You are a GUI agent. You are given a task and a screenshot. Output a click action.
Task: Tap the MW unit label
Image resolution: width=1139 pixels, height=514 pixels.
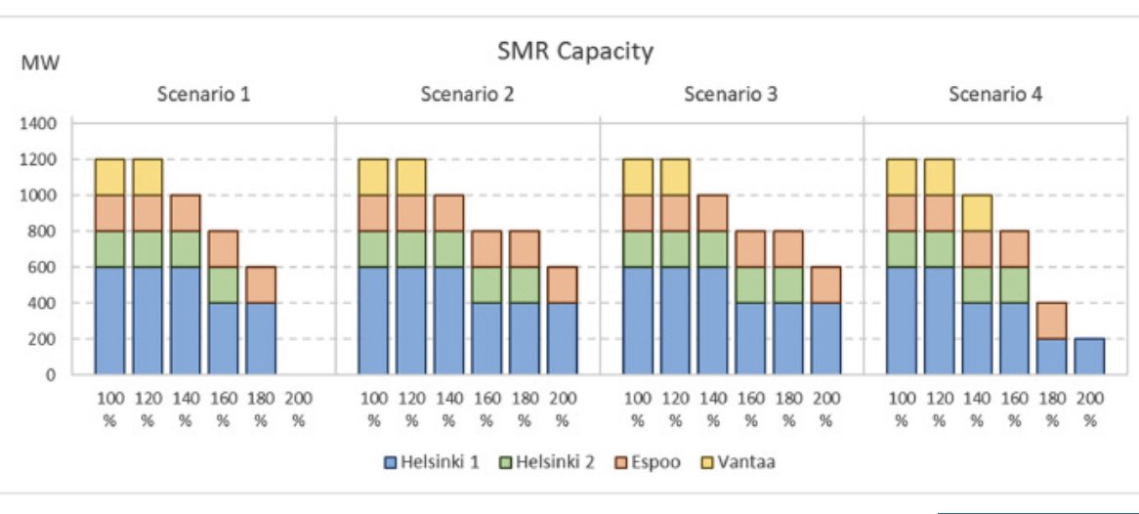point(39,64)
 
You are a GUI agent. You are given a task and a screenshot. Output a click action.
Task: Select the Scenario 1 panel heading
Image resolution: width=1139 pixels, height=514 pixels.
point(203,95)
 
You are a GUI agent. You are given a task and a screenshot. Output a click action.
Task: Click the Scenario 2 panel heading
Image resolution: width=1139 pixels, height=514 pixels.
point(467,95)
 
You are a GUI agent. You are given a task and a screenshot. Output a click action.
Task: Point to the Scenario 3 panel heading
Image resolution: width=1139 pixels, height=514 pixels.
point(731,95)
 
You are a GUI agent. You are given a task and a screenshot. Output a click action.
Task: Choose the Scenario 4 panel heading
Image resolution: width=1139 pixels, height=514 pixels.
point(994,95)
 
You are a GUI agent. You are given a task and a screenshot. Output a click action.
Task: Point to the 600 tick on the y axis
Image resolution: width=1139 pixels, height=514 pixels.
point(46,268)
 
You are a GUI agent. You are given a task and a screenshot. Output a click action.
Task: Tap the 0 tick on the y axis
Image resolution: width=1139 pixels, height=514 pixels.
point(54,375)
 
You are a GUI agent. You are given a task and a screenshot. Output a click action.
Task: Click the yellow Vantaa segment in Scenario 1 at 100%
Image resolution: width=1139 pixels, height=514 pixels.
point(109,177)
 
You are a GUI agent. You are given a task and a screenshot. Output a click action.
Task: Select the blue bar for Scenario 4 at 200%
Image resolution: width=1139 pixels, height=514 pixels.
point(1089,357)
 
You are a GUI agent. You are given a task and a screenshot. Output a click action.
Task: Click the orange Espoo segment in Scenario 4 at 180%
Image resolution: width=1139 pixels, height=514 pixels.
point(1051,321)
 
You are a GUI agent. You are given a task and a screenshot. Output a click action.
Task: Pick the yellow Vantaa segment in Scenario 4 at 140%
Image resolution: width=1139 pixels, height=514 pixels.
point(976,213)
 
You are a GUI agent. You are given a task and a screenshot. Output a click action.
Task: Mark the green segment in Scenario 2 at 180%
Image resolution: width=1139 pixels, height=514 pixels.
point(525,284)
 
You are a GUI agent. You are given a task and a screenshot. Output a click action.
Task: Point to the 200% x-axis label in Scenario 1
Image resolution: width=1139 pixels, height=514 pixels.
point(298,411)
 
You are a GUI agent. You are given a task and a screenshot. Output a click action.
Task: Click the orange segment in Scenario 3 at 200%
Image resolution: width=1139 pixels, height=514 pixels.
point(825,284)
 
